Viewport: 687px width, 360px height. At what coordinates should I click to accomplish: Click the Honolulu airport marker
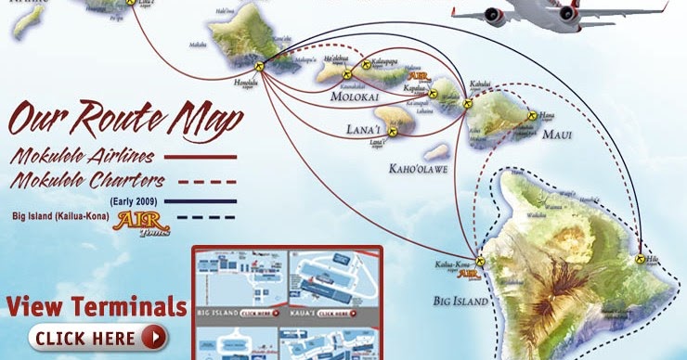coord(263,67)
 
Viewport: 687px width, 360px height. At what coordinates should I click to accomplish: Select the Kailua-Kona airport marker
coord(479,264)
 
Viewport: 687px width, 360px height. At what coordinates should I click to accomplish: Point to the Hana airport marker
coord(532,117)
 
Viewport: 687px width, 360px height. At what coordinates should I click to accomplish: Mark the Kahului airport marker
coord(467,105)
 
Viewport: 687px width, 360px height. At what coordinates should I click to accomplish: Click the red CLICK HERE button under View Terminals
coord(97,336)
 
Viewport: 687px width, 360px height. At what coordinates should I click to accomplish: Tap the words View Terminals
coord(96,305)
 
